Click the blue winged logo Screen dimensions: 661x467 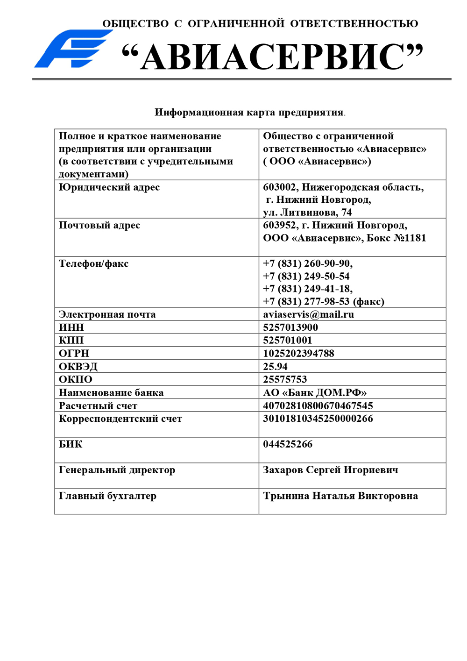click(x=72, y=49)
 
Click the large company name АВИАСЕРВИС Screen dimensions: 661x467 click(x=272, y=57)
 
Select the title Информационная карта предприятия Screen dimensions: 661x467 click(x=249, y=113)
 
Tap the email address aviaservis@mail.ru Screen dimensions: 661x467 click(x=308, y=314)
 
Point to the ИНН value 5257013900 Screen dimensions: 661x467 click(x=290, y=327)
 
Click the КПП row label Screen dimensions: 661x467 click(x=71, y=341)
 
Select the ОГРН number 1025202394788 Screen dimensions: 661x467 click(x=298, y=354)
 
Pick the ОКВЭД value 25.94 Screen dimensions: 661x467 click(x=275, y=367)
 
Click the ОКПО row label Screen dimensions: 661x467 click(x=76, y=379)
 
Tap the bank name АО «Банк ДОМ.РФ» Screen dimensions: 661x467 click(x=315, y=393)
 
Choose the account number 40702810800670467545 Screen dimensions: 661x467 click(x=318, y=406)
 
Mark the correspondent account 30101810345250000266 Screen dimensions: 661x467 click(x=318, y=419)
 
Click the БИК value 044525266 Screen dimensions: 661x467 click(x=288, y=444)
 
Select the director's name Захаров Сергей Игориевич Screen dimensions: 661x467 click(x=331, y=470)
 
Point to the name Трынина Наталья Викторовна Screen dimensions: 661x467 click(x=340, y=496)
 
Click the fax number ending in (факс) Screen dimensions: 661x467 click(x=324, y=302)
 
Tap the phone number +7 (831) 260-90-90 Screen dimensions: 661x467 click(x=308, y=264)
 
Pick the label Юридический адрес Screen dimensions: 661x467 click(x=109, y=187)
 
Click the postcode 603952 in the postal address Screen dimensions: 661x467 click(x=279, y=226)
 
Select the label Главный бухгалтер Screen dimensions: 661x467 click(x=107, y=496)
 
